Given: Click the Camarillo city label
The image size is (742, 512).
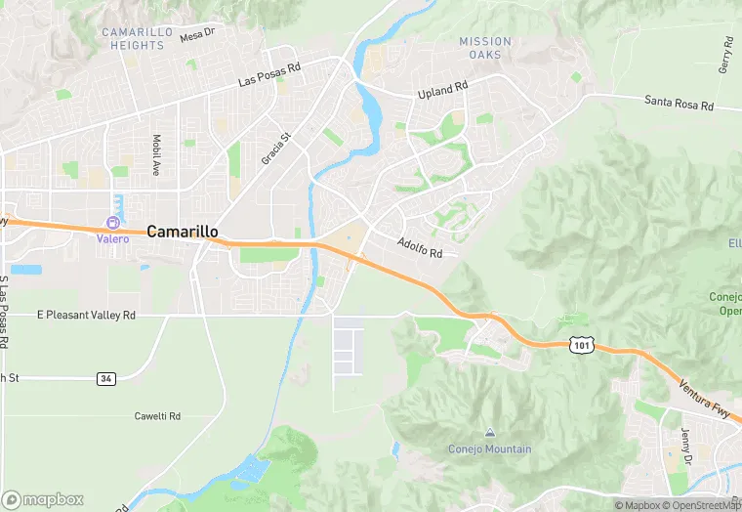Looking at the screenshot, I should click(183, 232).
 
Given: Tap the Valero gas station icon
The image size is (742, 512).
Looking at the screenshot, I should click(112, 224).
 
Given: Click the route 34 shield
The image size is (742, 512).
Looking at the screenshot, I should click(106, 377).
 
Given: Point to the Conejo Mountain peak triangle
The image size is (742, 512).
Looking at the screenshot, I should click(490, 433).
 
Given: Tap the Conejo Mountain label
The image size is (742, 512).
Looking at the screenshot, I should click(490, 449).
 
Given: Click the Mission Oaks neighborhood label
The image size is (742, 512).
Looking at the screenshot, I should click(485, 48).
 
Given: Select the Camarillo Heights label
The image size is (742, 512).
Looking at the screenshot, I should click(135, 39).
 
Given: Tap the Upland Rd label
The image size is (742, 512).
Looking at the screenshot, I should click(443, 90).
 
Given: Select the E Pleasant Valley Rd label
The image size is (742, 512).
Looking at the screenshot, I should click(86, 316).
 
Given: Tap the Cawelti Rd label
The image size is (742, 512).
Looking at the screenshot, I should click(157, 416).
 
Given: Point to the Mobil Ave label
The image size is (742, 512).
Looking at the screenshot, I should click(155, 154).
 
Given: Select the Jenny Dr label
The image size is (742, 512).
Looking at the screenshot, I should click(687, 446).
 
